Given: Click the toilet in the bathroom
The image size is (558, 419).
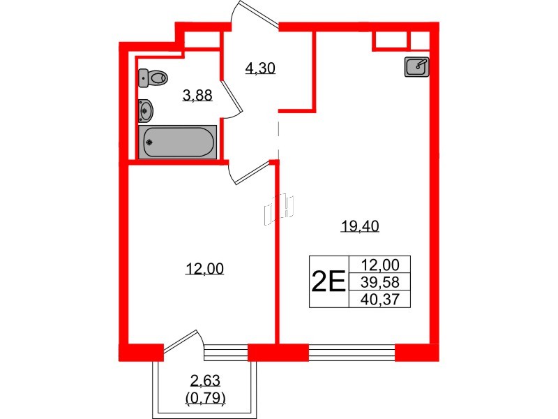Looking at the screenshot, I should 153,78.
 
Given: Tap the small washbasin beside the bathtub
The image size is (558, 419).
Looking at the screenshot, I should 146,108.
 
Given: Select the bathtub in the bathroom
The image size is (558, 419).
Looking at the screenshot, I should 177,142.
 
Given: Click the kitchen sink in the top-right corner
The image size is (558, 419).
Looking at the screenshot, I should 416,66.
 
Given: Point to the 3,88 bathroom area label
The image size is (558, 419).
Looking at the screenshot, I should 197,97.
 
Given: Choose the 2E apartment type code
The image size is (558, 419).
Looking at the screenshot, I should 328,281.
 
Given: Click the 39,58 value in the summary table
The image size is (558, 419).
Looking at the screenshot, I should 381,281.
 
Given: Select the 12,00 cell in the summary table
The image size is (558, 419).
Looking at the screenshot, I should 381,265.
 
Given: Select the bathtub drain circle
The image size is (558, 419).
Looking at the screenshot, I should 149,142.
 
